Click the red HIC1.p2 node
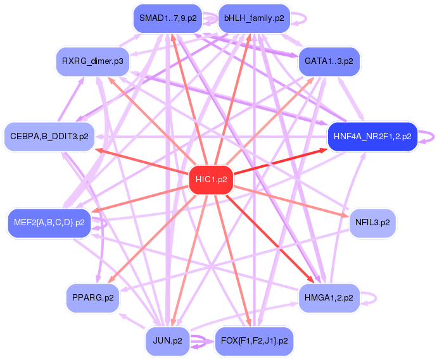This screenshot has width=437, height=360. point(211,180)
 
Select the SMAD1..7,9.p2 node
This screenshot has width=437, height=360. point(168,18)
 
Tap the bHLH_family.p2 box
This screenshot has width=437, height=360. point(254,18)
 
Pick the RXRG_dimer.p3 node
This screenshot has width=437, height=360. point(92,61)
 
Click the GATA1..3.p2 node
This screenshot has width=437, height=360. point(329,61)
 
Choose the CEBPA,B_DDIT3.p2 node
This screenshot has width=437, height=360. point(49,137)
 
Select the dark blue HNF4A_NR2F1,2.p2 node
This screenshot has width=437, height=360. point(372,137)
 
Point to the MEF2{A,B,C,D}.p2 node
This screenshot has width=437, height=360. point(49,223)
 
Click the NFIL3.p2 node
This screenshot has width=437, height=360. point(372,223)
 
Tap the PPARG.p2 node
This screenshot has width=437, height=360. point(93,298)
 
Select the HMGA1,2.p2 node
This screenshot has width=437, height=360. point(329,298)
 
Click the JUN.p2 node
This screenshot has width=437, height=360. point(167,341)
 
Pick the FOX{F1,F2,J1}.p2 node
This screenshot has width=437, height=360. point(254,341)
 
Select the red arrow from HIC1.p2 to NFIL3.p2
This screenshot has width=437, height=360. point(291,202)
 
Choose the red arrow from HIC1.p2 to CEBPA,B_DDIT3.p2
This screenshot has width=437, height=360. point(142,162)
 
